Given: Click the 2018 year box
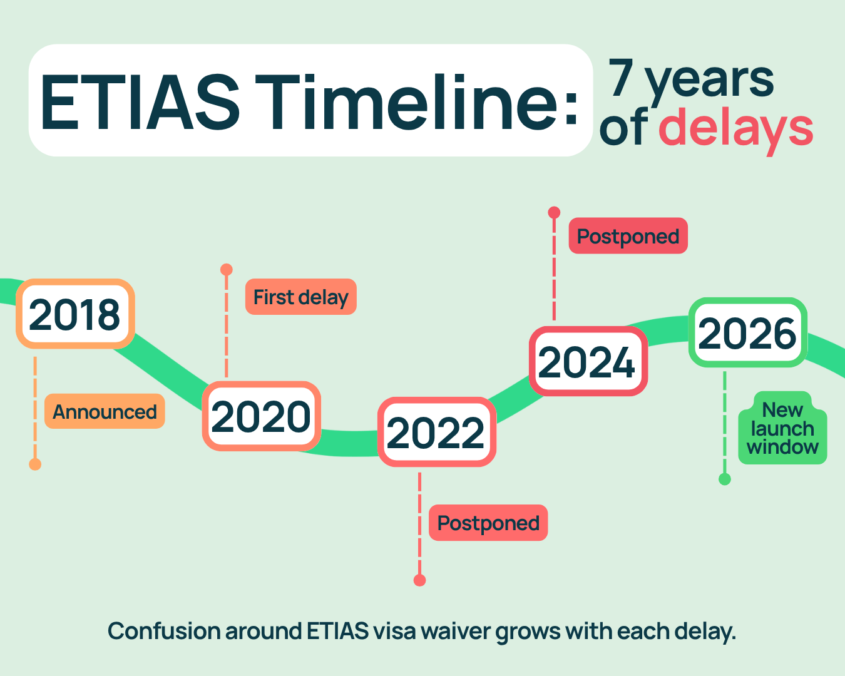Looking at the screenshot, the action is [x=75, y=314].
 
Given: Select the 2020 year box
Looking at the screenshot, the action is [x=262, y=416].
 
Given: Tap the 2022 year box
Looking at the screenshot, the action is [x=437, y=432].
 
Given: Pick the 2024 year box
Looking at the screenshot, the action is [x=588, y=361].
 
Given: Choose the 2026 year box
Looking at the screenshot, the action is [x=747, y=332].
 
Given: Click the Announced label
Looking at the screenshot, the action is [x=105, y=411].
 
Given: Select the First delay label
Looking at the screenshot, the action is [x=301, y=297].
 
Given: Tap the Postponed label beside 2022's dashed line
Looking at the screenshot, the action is [x=488, y=523].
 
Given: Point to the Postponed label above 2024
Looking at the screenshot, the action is [x=628, y=236].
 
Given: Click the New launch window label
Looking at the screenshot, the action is [x=782, y=428].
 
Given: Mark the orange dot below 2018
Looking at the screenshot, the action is [x=35, y=464].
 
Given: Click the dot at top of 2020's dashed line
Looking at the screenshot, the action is [x=226, y=269].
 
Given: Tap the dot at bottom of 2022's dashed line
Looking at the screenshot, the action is [x=419, y=580].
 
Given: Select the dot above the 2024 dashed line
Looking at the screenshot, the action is [x=554, y=213].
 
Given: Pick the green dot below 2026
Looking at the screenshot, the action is [x=724, y=479].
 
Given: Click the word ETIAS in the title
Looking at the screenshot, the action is [x=140, y=101].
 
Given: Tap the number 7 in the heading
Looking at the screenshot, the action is [x=621, y=77].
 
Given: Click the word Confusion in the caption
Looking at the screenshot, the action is [x=164, y=631].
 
